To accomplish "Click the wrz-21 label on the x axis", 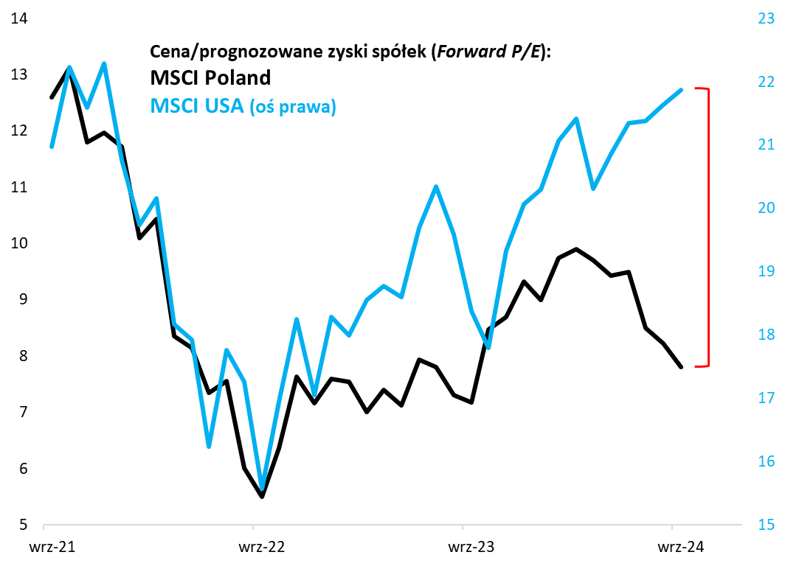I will coord(45,548).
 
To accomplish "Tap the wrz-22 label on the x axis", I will coord(254,548).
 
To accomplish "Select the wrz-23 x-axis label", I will coord(463,548).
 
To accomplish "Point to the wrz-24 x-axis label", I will coord(672,548).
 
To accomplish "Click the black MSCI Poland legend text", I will coord(210,77).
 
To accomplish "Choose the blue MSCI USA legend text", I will coord(197,105).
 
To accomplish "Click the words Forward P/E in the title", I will coord(487,51).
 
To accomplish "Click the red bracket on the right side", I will coord(708,227).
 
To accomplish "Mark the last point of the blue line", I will coord(681,90).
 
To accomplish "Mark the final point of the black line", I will coord(681,366).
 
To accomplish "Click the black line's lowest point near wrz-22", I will coord(263,497).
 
